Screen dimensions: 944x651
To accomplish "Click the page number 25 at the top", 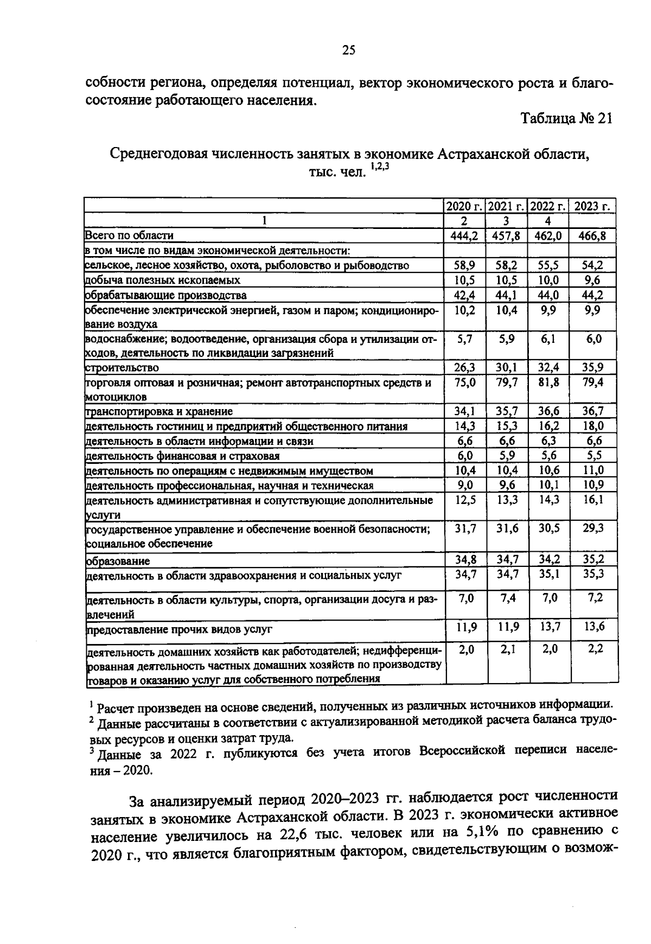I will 348,51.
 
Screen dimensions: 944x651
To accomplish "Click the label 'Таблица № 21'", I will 566,119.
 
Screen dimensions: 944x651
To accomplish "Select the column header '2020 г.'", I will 464,206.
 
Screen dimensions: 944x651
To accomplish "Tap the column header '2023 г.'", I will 592,206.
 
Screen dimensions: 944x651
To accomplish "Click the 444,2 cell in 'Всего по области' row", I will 464,235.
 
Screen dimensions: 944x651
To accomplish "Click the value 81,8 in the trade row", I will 549,382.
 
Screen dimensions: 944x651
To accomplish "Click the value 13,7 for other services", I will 550,627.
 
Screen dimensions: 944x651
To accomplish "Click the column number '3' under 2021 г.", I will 506,221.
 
